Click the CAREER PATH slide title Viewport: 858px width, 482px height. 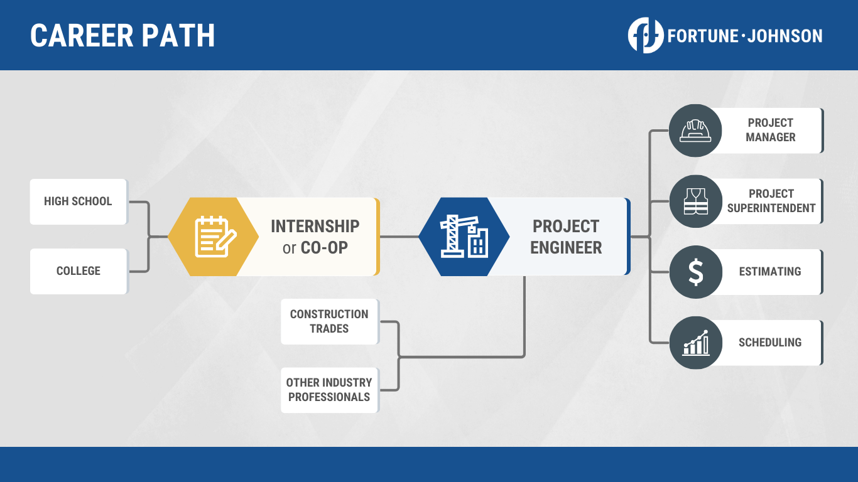click(122, 36)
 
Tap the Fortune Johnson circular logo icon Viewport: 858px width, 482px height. click(646, 35)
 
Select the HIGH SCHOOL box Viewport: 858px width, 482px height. click(78, 201)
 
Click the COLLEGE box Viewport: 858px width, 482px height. click(79, 271)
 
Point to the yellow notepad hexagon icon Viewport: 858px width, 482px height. click(214, 237)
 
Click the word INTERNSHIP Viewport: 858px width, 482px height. click(315, 226)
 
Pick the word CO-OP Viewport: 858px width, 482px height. click(324, 248)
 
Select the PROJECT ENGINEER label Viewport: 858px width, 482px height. click(566, 237)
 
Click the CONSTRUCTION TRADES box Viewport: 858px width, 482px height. click(329, 321)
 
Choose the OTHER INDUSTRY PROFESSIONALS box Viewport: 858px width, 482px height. click(329, 390)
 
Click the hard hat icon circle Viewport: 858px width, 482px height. click(695, 131)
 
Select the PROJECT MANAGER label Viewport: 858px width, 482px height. click(771, 130)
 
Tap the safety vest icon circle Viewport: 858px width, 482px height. click(695, 201)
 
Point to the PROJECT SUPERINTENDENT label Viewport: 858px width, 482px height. click(771, 201)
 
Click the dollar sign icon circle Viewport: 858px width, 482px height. click(695, 272)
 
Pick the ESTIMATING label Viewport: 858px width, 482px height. click(770, 272)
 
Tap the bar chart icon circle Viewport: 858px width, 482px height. click(695, 343)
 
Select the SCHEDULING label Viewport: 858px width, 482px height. click(770, 343)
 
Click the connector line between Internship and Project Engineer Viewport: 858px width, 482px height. click(399, 237)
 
